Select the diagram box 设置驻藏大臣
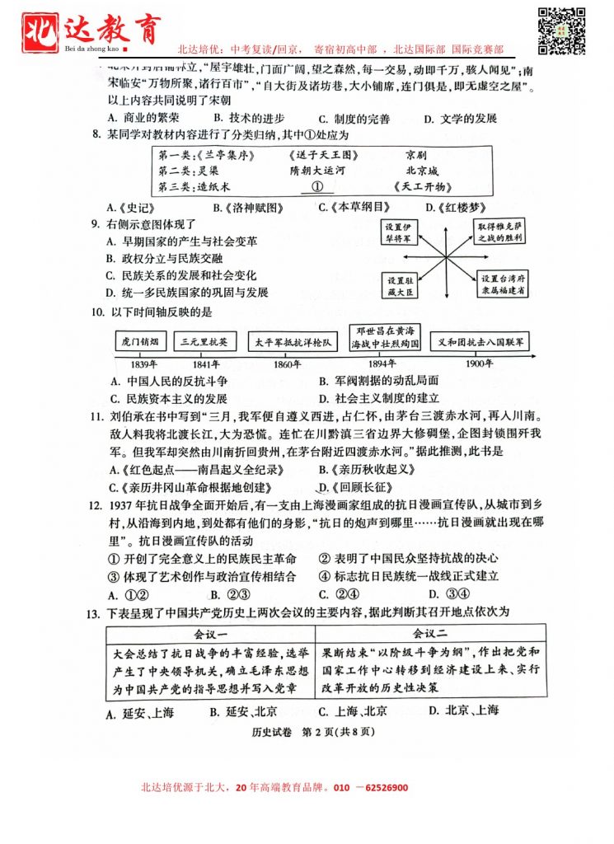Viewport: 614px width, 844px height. [402, 284]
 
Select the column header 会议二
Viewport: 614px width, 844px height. [429, 634]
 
